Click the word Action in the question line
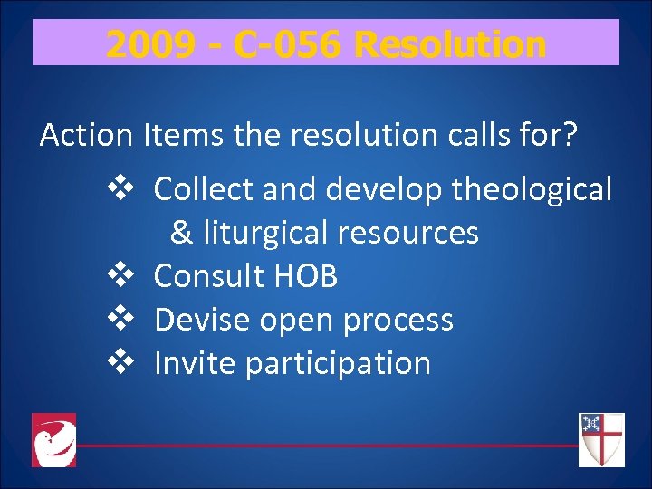click(86, 136)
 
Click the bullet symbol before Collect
click(120, 188)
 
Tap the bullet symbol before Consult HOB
click(120, 275)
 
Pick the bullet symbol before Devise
click(120, 319)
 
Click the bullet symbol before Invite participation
click(120, 362)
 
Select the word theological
click(532, 189)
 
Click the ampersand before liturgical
click(181, 233)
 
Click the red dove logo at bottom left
click(53, 440)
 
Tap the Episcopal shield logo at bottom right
click(601, 440)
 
